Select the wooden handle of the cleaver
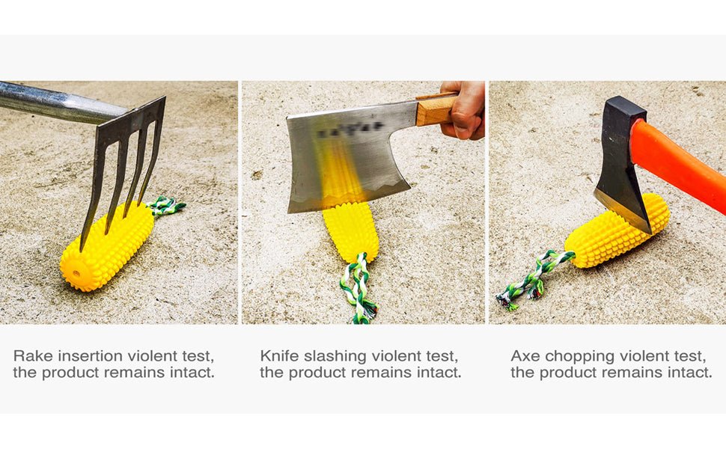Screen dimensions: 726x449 pos(436,109)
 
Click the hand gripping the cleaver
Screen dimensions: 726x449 pos(463,110)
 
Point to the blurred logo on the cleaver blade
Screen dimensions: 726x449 pos(351,130)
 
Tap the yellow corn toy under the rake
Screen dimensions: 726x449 pos(108,246)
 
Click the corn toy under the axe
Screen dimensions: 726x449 pos(617,231)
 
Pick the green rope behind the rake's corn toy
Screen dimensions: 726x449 pos(165,206)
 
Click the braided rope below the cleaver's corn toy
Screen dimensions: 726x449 pos(358,288)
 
